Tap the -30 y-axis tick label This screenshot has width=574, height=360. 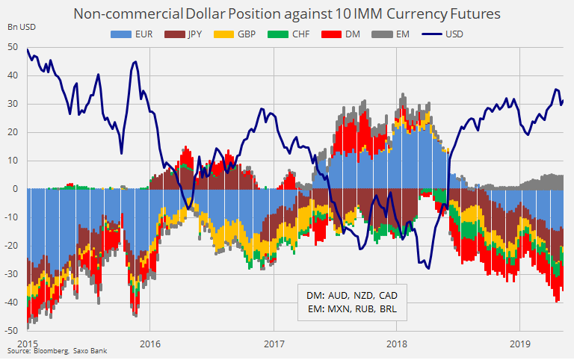point(13,273)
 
